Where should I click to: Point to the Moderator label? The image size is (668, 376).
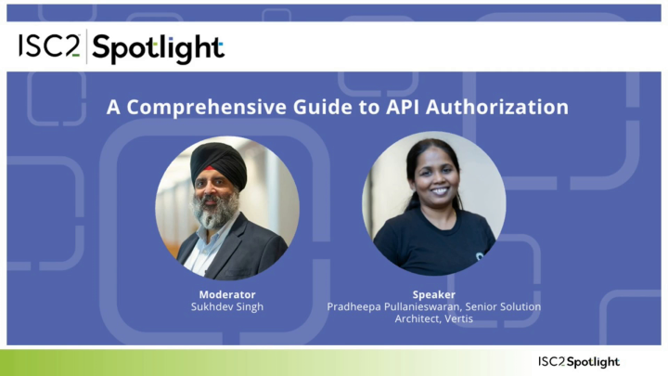click(x=227, y=294)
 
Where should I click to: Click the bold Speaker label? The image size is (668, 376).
click(x=433, y=294)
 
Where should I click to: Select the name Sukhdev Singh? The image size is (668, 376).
click(x=227, y=306)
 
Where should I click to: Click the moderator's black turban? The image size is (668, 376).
click(x=219, y=163)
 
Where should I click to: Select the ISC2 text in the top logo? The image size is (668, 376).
click(x=49, y=46)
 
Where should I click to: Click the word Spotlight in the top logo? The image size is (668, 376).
click(x=158, y=48)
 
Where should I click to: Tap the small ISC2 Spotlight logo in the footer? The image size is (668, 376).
click(x=578, y=361)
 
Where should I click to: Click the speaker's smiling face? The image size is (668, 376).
click(x=432, y=186)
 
